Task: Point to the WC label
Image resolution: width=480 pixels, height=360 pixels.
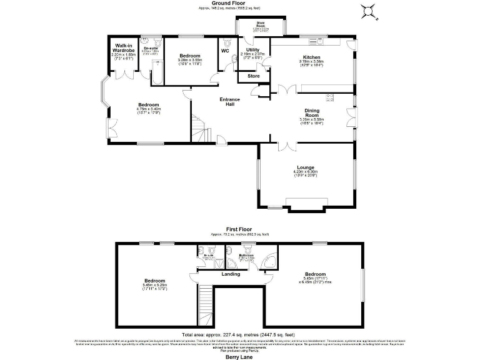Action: [x=224, y=51]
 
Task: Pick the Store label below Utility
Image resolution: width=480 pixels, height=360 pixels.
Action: [x=253, y=76]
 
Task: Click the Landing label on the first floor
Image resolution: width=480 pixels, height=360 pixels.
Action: [x=231, y=274]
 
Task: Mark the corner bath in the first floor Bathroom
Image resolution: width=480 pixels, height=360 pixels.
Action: [x=269, y=261]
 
